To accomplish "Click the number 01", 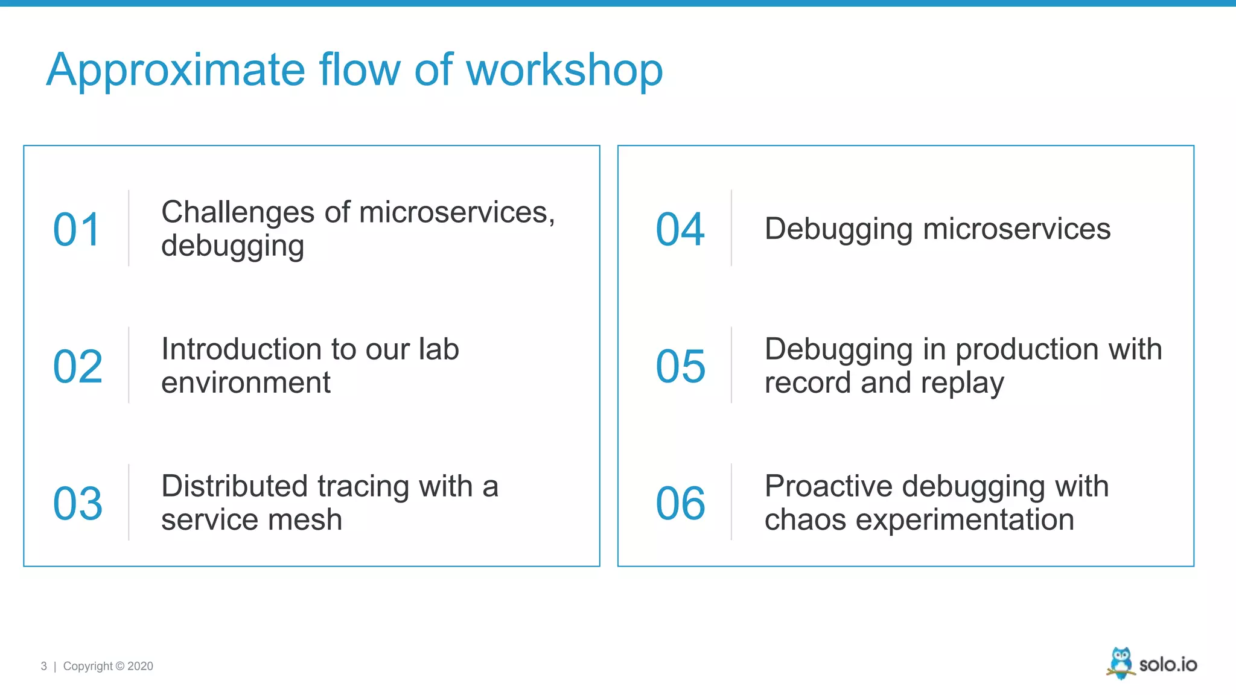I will coord(77,230).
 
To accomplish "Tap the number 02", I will coord(78,367).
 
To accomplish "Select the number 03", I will coord(78,504).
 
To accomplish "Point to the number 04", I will coord(680,230).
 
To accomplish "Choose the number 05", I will coord(680,367).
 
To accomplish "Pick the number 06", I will coord(680,504).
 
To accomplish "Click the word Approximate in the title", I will coord(175,71).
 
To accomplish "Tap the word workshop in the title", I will coord(564,71).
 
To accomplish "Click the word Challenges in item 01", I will coord(238,212).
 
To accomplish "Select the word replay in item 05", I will coord(967,384).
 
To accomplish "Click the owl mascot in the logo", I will coord(1121,663).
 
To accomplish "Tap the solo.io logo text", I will coord(1168,665).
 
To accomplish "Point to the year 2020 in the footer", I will coord(140,666).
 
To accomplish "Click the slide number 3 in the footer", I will coord(43,666).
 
